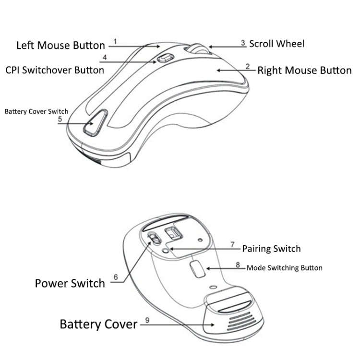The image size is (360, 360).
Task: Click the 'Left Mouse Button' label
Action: [60, 46]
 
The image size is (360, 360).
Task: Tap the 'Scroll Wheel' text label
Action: [276, 44]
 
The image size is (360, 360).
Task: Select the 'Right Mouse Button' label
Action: [304, 71]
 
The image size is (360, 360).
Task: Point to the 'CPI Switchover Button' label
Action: [55, 70]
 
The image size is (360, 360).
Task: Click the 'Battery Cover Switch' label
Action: [36, 111]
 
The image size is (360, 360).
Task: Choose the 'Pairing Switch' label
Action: [271, 249]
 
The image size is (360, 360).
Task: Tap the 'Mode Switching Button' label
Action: [284, 268]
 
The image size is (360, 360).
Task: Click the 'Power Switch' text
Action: [70, 283]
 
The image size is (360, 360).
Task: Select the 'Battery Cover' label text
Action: [98, 324]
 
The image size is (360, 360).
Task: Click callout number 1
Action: [116, 41]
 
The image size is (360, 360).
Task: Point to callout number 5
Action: [60, 119]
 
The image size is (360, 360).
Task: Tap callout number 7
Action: [232, 244]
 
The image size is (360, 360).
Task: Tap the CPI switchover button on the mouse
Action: [164, 59]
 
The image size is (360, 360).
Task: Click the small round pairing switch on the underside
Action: [166, 250]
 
